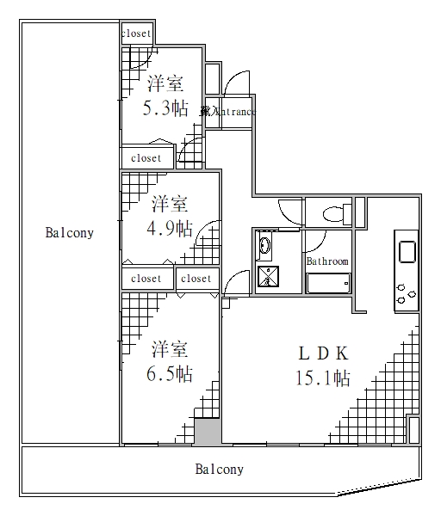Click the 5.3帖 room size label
(165, 108)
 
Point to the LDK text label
(322, 353)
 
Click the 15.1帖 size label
(323, 377)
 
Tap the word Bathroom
(327, 261)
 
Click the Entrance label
(228, 112)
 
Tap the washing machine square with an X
(268, 276)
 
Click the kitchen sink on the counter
(406, 252)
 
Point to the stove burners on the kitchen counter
(405, 295)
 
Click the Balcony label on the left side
(70, 233)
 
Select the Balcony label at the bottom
(219, 470)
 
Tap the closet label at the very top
(136, 34)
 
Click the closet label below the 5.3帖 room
(146, 158)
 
